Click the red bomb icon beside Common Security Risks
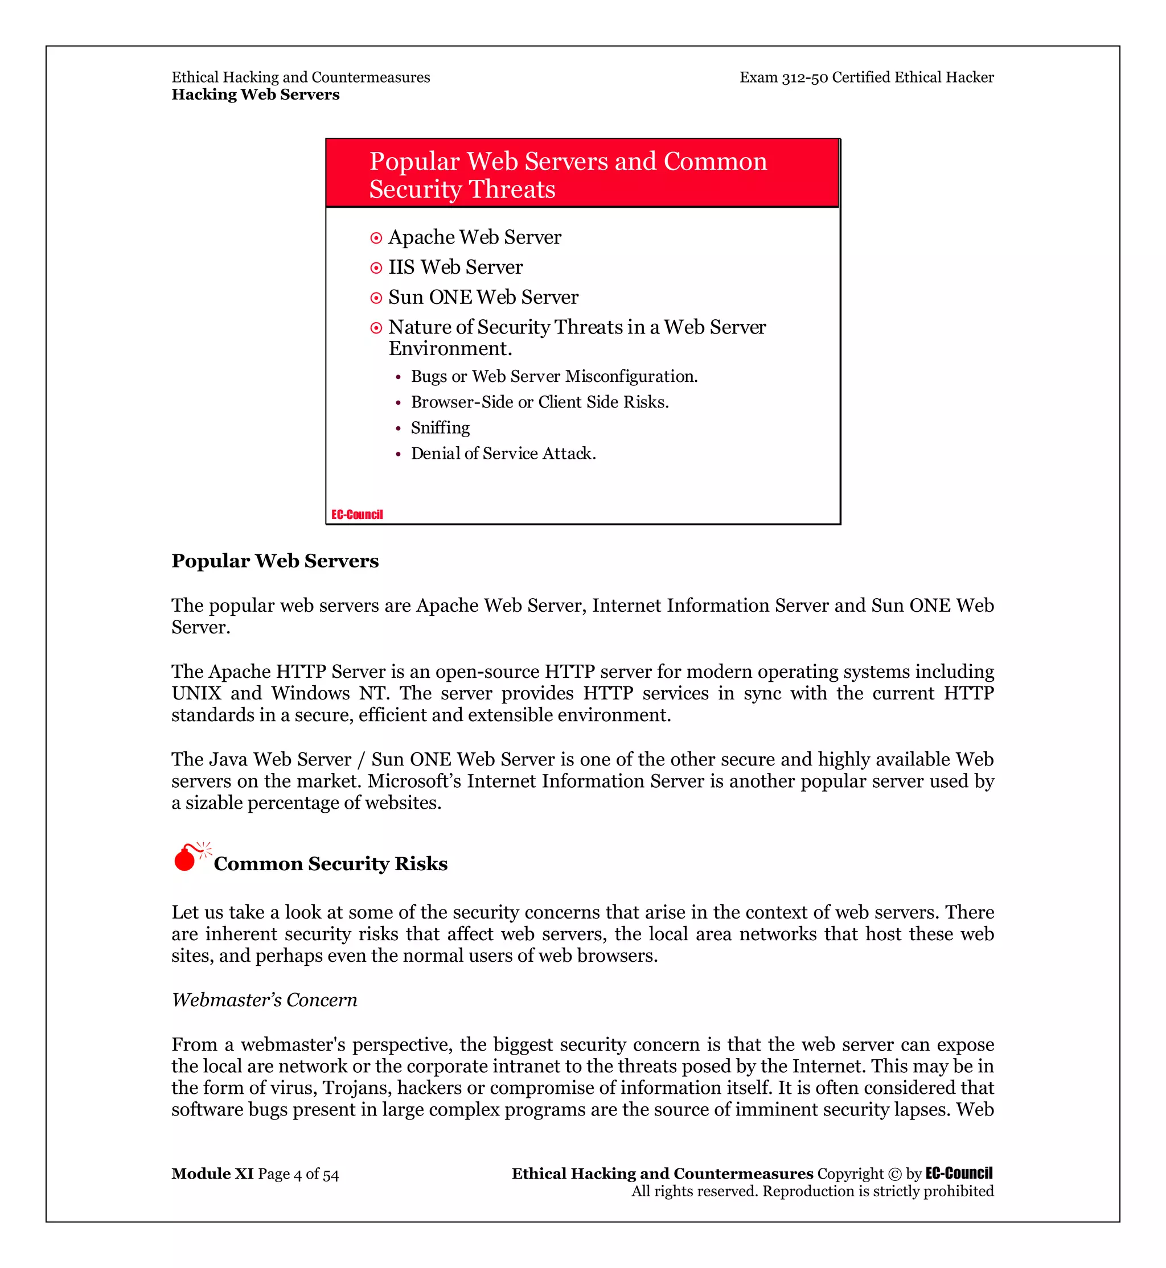[x=186, y=858]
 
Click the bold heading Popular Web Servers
[x=275, y=561]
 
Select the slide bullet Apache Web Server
[x=474, y=237]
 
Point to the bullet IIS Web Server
[x=455, y=267]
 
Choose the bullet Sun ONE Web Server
[x=483, y=297]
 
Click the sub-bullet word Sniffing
[x=441, y=428]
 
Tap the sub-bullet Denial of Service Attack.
[x=503, y=454]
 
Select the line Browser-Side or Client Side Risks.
[x=540, y=402]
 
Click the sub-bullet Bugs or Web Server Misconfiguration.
[x=554, y=377]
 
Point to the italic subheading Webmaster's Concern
[x=264, y=1000]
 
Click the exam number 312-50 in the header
[x=804, y=77]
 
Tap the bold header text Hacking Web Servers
[x=256, y=94]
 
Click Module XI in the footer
[x=212, y=1174]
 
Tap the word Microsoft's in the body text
[x=414, y=781]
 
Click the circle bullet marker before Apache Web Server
[x=376, y=238]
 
